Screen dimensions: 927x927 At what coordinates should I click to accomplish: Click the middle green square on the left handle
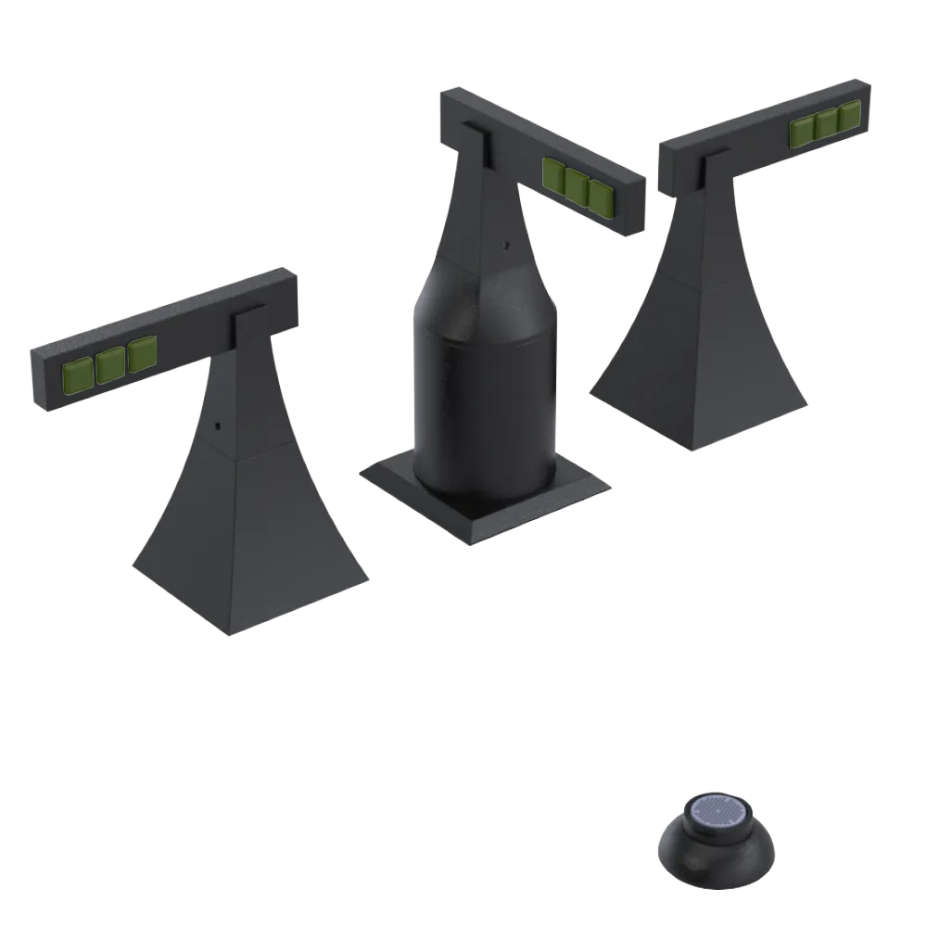click(x=110, y=362)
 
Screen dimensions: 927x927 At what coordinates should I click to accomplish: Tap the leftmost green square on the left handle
click(x=77, y=373)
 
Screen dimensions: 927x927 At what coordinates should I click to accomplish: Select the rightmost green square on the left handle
click(x=143, y=353)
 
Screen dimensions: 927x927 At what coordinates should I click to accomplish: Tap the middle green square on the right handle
click(x=826, y=125)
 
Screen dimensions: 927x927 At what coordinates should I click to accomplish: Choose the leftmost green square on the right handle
click(x=802, y=133)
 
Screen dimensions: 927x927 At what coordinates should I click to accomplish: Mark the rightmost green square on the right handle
click(x=850, y=118)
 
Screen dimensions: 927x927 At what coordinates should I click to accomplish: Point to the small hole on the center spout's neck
click(x=504, y=247)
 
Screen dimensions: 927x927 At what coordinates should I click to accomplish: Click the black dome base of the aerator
click(x=717, y=857)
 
